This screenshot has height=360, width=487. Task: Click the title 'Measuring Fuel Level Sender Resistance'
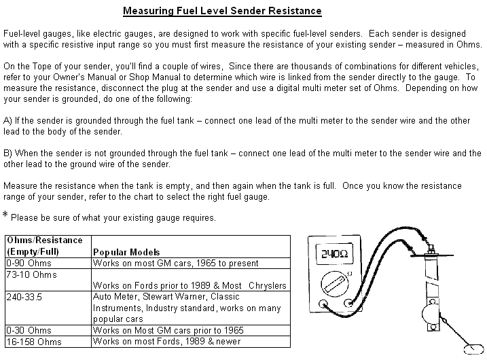(x=222, y=11)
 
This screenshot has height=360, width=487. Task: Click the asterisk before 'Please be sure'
(x=5, y=216)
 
